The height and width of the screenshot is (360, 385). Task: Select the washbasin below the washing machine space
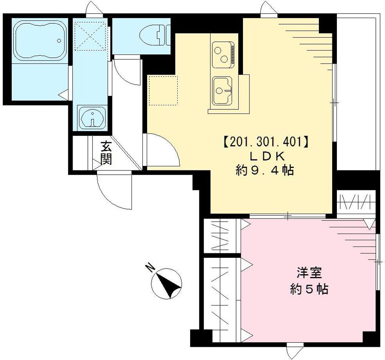[x=92, y=117]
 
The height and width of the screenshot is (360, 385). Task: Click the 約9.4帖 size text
[x=265, y=171]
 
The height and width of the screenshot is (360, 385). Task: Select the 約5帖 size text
[x=309, y=289]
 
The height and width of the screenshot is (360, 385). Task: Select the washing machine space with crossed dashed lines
[x=91, y=36]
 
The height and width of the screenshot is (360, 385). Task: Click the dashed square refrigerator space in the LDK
[x=163, y=90]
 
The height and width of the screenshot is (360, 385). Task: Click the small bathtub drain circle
[x=59, y=40]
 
